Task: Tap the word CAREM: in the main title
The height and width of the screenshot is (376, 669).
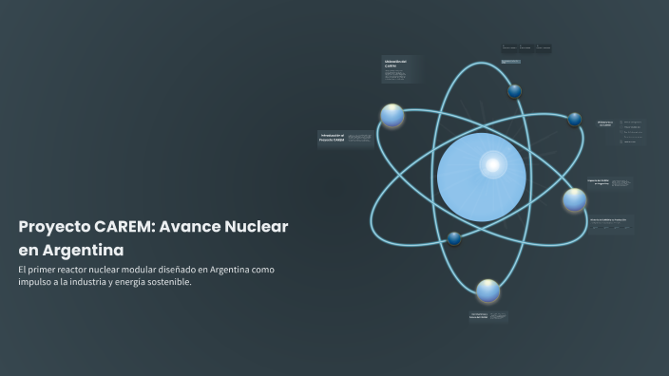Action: point(124,227)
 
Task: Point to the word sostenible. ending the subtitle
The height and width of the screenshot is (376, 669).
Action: point(167,282)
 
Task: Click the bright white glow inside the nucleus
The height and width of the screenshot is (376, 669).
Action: point(492,165)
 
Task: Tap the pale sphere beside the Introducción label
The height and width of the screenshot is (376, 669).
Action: point(392,116)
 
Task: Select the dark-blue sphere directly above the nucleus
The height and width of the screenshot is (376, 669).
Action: point(514,91)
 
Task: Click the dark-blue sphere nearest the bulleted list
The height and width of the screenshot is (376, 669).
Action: point(574,120)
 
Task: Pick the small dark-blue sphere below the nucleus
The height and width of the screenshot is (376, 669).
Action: point(454,237)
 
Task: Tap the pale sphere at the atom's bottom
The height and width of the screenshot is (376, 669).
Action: point(487,291)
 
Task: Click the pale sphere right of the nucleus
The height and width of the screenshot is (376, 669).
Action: point(574,199)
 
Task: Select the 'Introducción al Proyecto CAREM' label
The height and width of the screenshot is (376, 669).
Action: point(332,140)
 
